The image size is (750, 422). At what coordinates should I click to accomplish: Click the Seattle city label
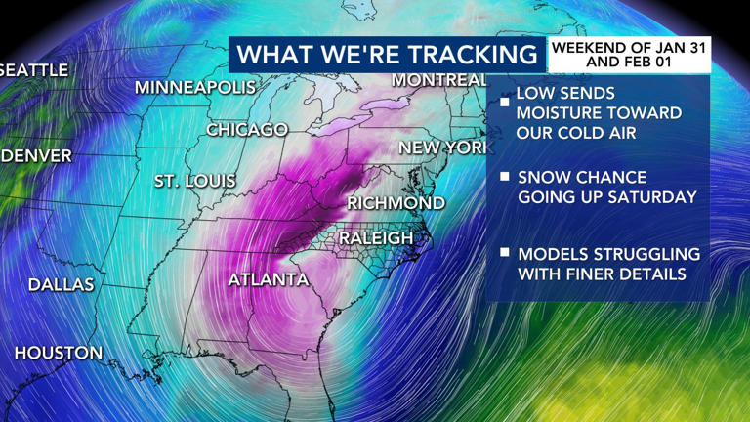[x=34, y=70]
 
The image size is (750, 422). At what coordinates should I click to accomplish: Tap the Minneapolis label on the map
[x=194, y=87]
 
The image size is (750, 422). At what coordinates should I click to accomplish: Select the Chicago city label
[x=247, y=129]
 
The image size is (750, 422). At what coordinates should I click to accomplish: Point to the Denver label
[x=36, y=155]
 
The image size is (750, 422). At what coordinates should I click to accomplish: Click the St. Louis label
[x=194, y=181]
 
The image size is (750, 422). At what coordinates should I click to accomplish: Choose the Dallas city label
[x=61, y=285]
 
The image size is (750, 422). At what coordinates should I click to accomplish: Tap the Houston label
[x=58, y=353]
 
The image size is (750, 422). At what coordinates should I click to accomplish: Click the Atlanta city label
[x=268, y=279]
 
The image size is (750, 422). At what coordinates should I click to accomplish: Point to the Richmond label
[x=396, y=203]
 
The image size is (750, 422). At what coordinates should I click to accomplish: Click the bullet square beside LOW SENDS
[x=505, y=102]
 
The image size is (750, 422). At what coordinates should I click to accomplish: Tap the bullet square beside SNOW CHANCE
[x=505, y=178]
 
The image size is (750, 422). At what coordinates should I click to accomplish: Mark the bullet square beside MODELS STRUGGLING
[x=505, y=252]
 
